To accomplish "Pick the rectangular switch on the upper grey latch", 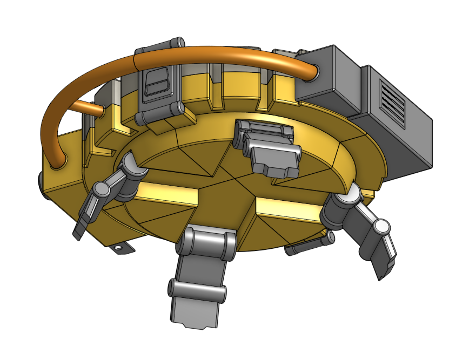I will pyautogui.click(x=157, y=83).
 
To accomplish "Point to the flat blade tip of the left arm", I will pyautogui.click(x=79, y=230).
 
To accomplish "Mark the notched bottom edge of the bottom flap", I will pyautogui.click(x=195, y=324).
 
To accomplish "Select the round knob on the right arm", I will pyautogui.click(x=381, y=227).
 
